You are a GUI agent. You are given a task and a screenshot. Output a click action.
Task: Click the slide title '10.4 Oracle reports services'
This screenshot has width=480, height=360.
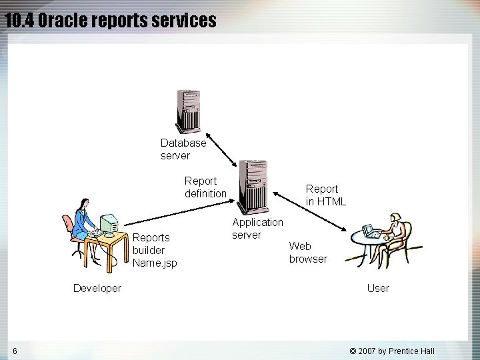pos(111,21)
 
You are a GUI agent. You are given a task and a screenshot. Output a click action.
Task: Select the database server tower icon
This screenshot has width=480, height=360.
pos(187,112)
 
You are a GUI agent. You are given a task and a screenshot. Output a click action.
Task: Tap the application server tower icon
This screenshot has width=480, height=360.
pos(253,187)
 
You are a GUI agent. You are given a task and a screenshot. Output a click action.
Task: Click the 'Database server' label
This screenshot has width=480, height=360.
pos(183,149)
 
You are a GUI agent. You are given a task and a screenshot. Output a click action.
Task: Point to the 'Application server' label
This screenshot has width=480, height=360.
pos(257,228)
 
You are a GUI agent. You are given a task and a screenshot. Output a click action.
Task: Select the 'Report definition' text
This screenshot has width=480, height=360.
pos(205,187)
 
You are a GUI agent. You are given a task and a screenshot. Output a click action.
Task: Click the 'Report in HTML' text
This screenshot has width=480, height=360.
pos(325,195)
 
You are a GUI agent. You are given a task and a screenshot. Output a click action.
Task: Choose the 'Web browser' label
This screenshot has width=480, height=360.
pos(308,253)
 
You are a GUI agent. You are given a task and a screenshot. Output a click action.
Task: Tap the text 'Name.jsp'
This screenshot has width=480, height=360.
pos(155,263)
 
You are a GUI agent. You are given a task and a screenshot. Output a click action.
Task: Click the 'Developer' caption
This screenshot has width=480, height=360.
pos(97,288)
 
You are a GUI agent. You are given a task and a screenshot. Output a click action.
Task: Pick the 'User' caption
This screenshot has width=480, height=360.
pos(378,288)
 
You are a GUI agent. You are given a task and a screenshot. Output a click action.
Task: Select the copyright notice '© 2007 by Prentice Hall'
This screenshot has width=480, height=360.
pos(392,351)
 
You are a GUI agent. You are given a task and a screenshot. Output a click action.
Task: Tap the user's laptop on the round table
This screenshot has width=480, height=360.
pos(371,232)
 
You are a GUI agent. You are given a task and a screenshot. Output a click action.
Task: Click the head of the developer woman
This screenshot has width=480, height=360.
pos(83,204)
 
